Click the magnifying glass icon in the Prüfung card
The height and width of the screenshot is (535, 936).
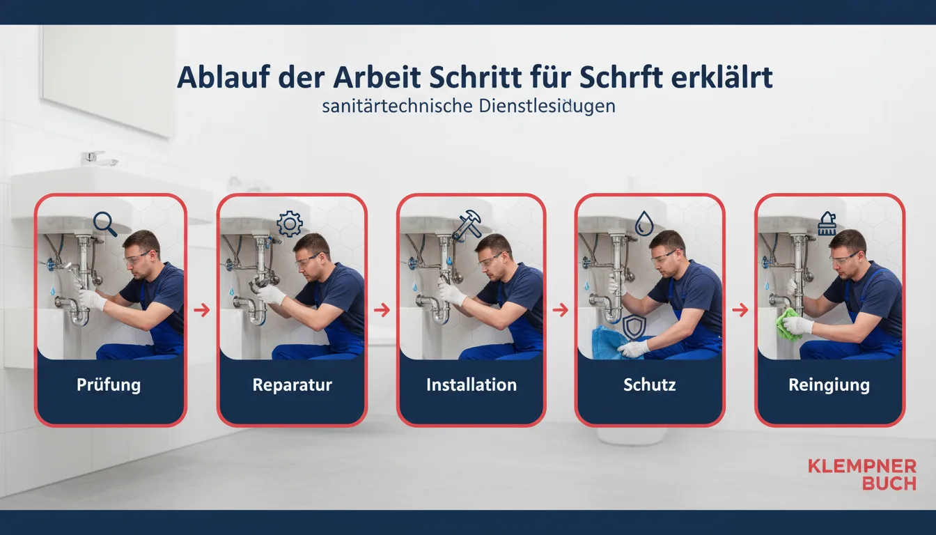(105, 224)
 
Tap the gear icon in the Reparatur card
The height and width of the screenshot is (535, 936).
(289, 224)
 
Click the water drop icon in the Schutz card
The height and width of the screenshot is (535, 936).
(644, 223)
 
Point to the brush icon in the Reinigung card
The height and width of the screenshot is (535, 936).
(827, 224)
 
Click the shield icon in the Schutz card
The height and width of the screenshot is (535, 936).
(634, 327)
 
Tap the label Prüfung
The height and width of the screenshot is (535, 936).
(109, 385)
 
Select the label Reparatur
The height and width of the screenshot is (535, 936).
(292, 385)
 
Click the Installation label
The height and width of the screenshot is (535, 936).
(471, 385)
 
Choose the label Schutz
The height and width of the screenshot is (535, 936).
(649, 385)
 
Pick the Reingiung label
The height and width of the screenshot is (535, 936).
(829, 385)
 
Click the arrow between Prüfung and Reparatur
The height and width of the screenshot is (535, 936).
(202, 310)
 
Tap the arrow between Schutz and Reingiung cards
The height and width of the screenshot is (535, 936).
(740, 310)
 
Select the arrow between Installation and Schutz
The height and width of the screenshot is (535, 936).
(561, 310)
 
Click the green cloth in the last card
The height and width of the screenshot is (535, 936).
(788, 325)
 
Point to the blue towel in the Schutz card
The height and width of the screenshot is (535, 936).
(611, 343)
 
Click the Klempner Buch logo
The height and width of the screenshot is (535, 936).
(862, 475)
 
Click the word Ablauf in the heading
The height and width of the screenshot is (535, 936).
(222, 77)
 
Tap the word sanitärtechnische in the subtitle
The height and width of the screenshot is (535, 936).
(398, 106)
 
